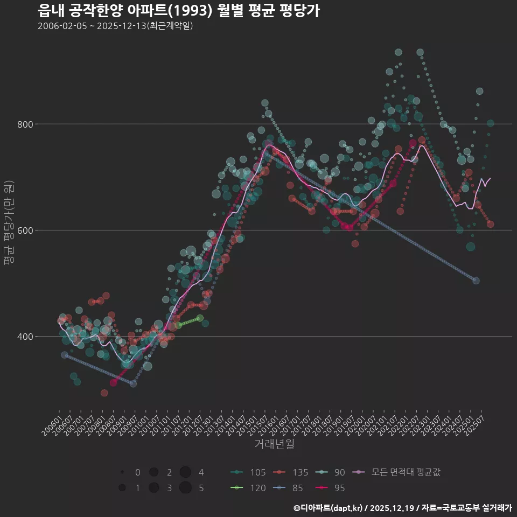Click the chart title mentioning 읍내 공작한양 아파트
click(179, 10)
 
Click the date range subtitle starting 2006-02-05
click(115, 26)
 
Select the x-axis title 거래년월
click(274, 444)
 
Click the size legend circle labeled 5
click(186, 488)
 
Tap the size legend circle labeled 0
click(122, 472)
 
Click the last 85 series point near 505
click(476, 281)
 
